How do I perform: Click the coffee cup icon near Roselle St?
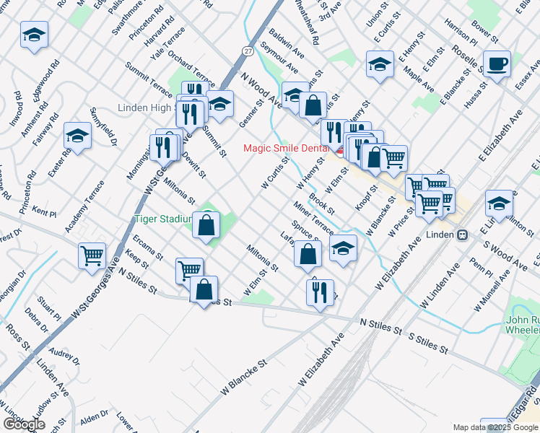pyautogui.click(x=497, y=64)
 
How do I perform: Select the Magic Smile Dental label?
pyautogui.click(x=286, y=148)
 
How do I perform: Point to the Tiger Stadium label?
pyautogui.click(x=162, y=219)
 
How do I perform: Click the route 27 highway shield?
pyautogui.click(x=248, y=51)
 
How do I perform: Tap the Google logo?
pyautogui.click(x=25, y=424)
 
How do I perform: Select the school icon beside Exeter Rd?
pyautogui.click(x=77, y=135)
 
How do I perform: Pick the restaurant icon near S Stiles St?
pyautogui.click(x=319, y=292)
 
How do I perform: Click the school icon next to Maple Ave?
pyautogui.click(x=380, y=64)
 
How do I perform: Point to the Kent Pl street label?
pyautogui.click(x=44, y=214)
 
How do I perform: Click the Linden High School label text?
pyautogui.click(x=147, y=108)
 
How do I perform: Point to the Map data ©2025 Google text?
pyautogui.click(x=496, y=427)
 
